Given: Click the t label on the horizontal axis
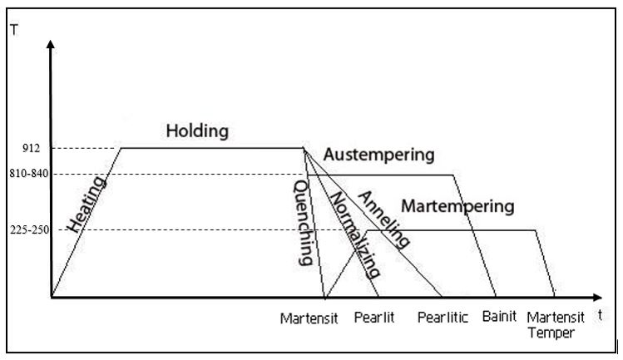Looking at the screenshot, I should (600, 315).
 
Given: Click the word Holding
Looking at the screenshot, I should (197, 131).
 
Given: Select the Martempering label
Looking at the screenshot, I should (457, 205).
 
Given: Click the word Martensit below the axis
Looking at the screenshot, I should (309, 318).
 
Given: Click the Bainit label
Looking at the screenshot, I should (499, 317).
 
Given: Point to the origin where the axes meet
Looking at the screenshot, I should (52, 297).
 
